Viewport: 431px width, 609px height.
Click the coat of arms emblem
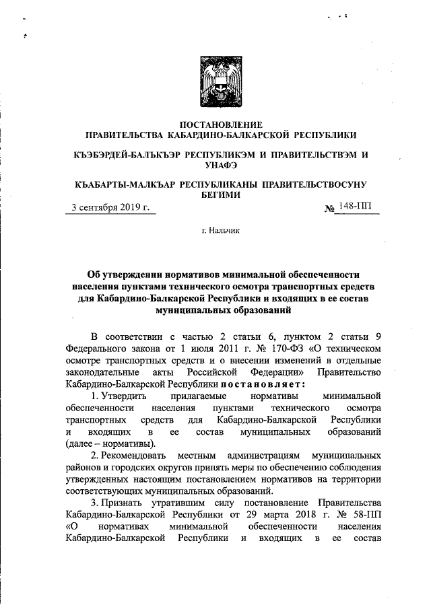click(215, 79)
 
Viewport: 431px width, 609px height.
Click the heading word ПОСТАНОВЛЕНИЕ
click(215, 124)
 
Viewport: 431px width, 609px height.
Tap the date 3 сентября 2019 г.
click(111, 207)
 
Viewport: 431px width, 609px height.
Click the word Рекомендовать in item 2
click(132, 456)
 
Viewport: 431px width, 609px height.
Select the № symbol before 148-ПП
click(330, 209)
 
